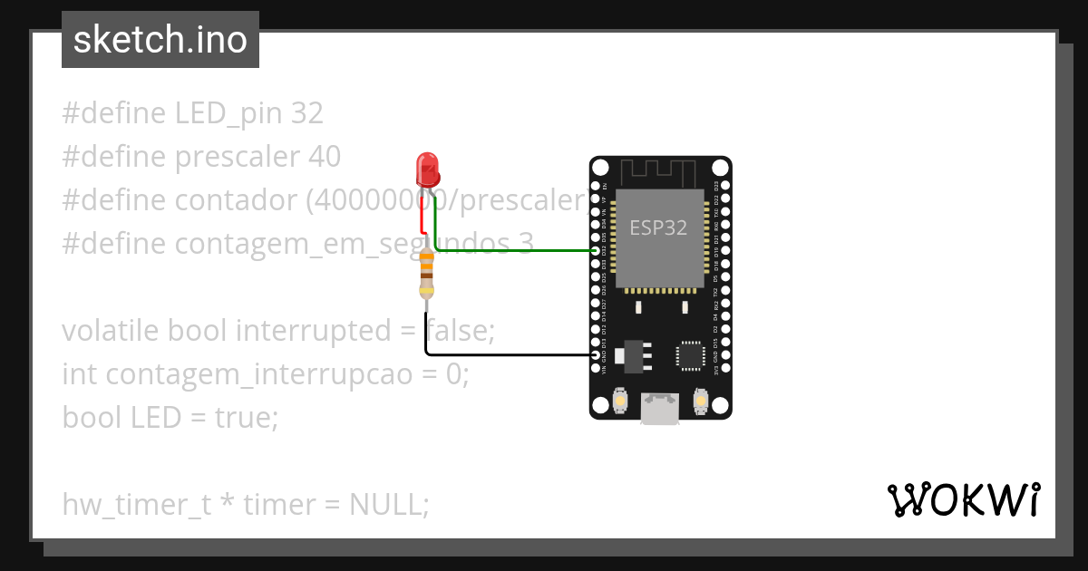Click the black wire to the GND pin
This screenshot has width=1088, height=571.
tap(508, 354)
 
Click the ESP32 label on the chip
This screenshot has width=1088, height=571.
tap(658, 227)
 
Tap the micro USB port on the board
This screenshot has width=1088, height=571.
tap(659, 410)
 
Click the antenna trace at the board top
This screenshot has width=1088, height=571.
tap(659, 169)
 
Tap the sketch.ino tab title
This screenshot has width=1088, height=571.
tap(160, 40)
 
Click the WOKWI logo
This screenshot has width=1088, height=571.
tap(963, 500)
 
